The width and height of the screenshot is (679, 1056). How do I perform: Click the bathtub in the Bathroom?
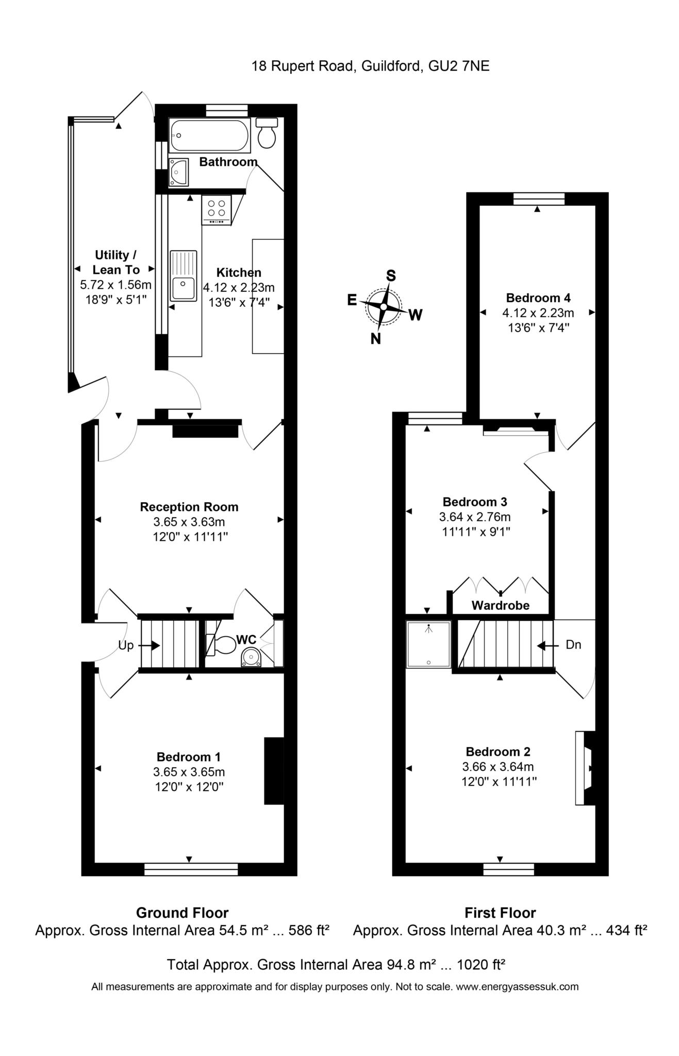click(x=209, y=136)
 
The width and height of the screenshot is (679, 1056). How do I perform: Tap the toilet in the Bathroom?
click(x=267, y=133)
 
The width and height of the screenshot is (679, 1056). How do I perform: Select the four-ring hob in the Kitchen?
click(x=217, y=210)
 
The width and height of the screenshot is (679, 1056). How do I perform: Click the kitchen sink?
click(x=184, y=276)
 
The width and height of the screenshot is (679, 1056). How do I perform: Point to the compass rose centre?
click(x=384, y=307)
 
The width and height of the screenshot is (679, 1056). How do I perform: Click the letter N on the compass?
click(x=376, y=339)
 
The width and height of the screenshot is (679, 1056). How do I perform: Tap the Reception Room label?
click(x=189, y=507)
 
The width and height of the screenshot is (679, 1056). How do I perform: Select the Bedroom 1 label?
click(x=189, y=757)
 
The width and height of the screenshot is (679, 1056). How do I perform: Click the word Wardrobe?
click(x=500, y=605)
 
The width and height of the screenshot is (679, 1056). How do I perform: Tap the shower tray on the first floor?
click(x=428, y=645)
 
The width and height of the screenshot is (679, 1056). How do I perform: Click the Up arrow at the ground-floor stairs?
click(x=149, y=645)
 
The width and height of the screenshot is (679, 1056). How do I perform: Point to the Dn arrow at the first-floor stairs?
click(x=548, y=645)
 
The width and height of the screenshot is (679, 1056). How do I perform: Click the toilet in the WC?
click(x=221, y=645)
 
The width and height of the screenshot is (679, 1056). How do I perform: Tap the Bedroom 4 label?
click(x=538, y=298)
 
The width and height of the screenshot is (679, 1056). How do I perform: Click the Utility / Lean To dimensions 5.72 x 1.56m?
click(x=115, y=284)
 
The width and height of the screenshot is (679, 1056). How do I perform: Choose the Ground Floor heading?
click(x=182, y=913)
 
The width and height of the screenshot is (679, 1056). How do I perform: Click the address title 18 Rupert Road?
click(x=303, y=66)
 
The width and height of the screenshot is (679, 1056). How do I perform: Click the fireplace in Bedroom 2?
click(x=585, y=768)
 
